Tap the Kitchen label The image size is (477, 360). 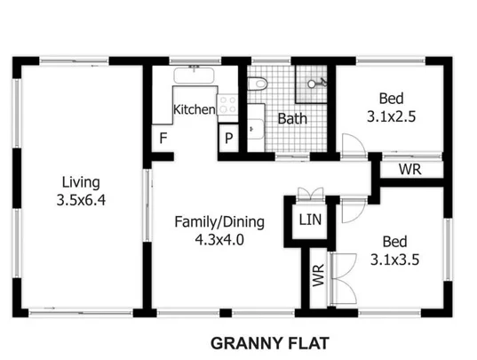click(194, 110)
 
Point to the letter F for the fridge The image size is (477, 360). click(163, 138)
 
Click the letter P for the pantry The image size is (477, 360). click(228, 139)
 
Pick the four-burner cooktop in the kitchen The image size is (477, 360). click(227, 108)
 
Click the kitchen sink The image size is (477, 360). click(192, 76)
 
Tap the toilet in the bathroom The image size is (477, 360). click(257, 84)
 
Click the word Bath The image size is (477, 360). click(292, 118)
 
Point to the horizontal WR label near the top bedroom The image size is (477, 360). click(409, 169)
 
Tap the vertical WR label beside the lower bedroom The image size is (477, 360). click(318, 275)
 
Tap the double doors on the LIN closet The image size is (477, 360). click(308, 196)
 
